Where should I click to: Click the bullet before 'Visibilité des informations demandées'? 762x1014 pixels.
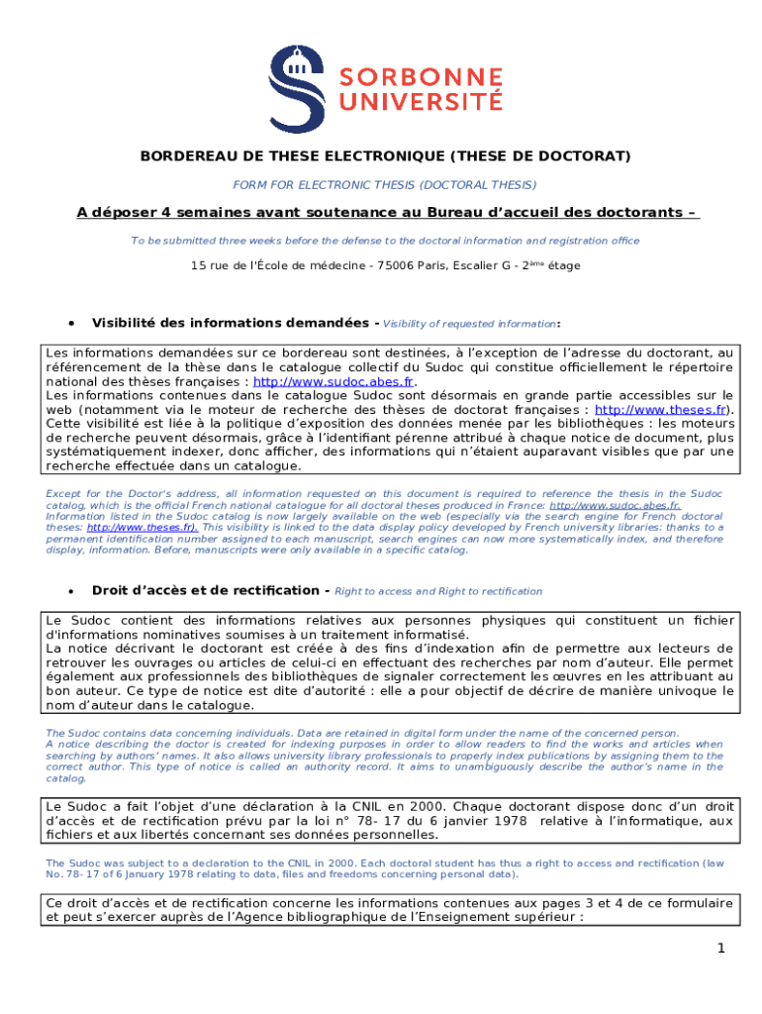pos(70,323)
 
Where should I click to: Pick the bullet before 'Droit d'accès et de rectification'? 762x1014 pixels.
pos(70,590)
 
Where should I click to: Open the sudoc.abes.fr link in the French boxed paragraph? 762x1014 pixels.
pos(333,381)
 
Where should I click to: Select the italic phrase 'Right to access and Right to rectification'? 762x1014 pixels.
pos(438,591)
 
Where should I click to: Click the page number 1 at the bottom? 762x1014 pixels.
pos(722,949)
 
